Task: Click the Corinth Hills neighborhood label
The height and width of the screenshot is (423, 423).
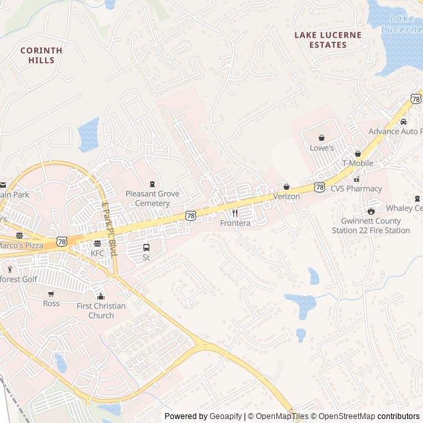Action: pos(41,55)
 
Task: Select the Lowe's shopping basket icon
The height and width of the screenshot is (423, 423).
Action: pos(321,138)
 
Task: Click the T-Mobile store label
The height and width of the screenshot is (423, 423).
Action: pos(357,163)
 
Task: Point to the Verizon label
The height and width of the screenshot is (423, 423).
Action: pos(286,196)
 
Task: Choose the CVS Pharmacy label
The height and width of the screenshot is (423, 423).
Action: pos(356,188)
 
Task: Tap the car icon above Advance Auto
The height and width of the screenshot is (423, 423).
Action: pos(403,122)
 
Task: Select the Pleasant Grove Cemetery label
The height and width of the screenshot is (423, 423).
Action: pos(152,198)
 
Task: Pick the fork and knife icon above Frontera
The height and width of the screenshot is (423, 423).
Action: pos(235,213)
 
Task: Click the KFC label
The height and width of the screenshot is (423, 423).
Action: pos(97,253)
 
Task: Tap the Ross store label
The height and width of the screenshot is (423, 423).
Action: pos(51,303)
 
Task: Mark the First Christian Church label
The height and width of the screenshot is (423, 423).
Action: pos(100,311)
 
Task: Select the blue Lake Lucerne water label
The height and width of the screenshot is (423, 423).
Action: pos(402,24)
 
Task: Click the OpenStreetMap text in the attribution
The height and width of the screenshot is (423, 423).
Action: pos(344,416)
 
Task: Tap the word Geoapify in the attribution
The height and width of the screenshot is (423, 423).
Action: pos(226,416)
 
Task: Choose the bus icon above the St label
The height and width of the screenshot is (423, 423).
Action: pos(146,247)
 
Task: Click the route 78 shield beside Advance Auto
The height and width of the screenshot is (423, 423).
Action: pos(415,98)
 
